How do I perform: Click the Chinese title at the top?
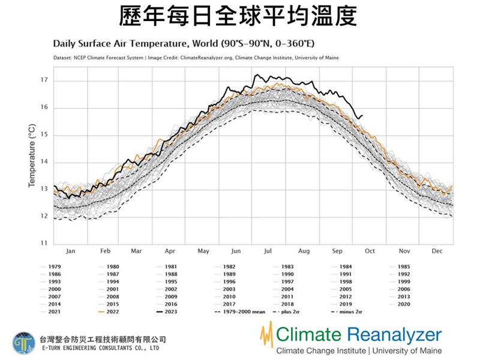click(240, 15)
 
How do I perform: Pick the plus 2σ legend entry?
click(293, 313)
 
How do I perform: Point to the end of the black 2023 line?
click(362, 115)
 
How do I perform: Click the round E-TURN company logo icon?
click(23, 343)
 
